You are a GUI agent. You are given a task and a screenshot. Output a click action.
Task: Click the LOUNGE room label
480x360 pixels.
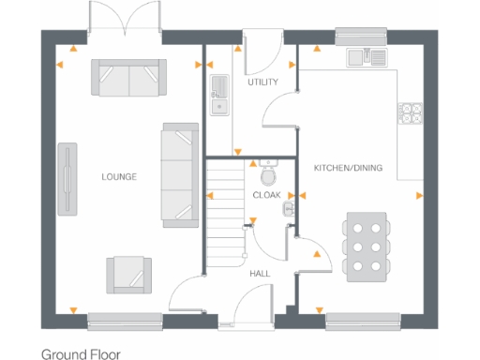119,176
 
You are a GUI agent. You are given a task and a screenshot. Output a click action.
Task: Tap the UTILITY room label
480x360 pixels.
262,82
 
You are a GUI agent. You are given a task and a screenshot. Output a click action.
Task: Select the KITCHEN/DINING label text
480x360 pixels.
347,167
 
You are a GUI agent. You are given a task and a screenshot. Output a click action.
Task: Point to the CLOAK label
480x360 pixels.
266,195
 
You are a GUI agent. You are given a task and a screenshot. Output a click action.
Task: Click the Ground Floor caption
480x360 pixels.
81,354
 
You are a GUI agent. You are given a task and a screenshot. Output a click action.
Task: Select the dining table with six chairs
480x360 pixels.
366,243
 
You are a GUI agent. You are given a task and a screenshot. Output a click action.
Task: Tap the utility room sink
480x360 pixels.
219,94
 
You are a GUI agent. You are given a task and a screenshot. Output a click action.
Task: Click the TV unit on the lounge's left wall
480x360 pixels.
67,179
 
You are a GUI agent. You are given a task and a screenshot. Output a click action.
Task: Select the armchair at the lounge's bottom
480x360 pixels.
127,273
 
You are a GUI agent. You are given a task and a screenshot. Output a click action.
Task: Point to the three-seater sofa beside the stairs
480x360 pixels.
178,173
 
